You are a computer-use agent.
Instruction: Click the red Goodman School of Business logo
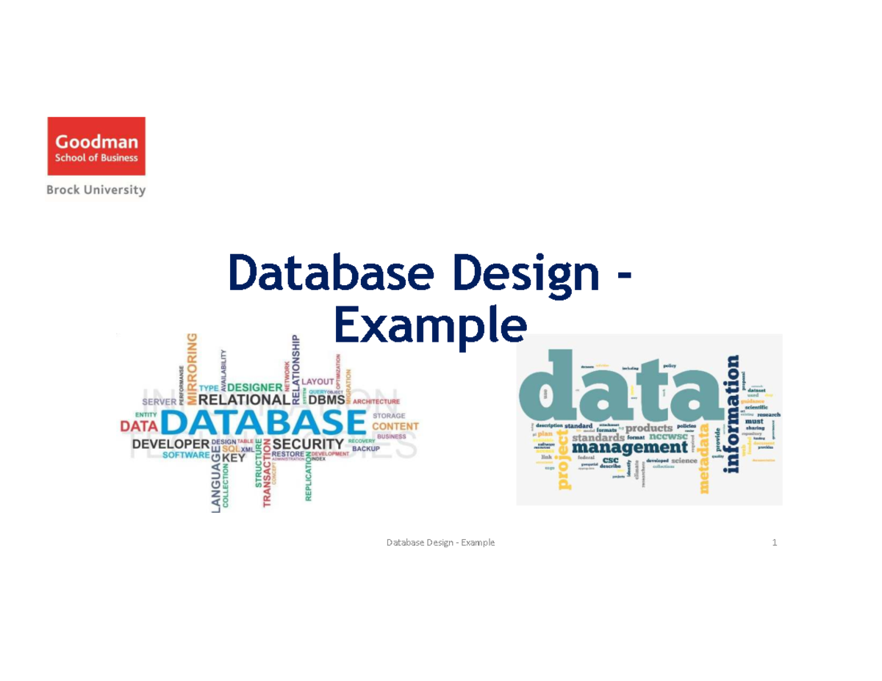[x=96, y=147]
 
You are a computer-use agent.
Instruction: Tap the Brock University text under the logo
[x=96, y=190]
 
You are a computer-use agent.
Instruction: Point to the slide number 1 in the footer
[x=775, y=543]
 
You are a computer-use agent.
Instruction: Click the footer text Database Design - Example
[x=441, y=543]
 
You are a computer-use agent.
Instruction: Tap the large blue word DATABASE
[x=263, y=424]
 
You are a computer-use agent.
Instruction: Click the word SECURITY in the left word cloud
[x=308, y=444]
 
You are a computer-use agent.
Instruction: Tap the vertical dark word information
[x=732, y=415]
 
